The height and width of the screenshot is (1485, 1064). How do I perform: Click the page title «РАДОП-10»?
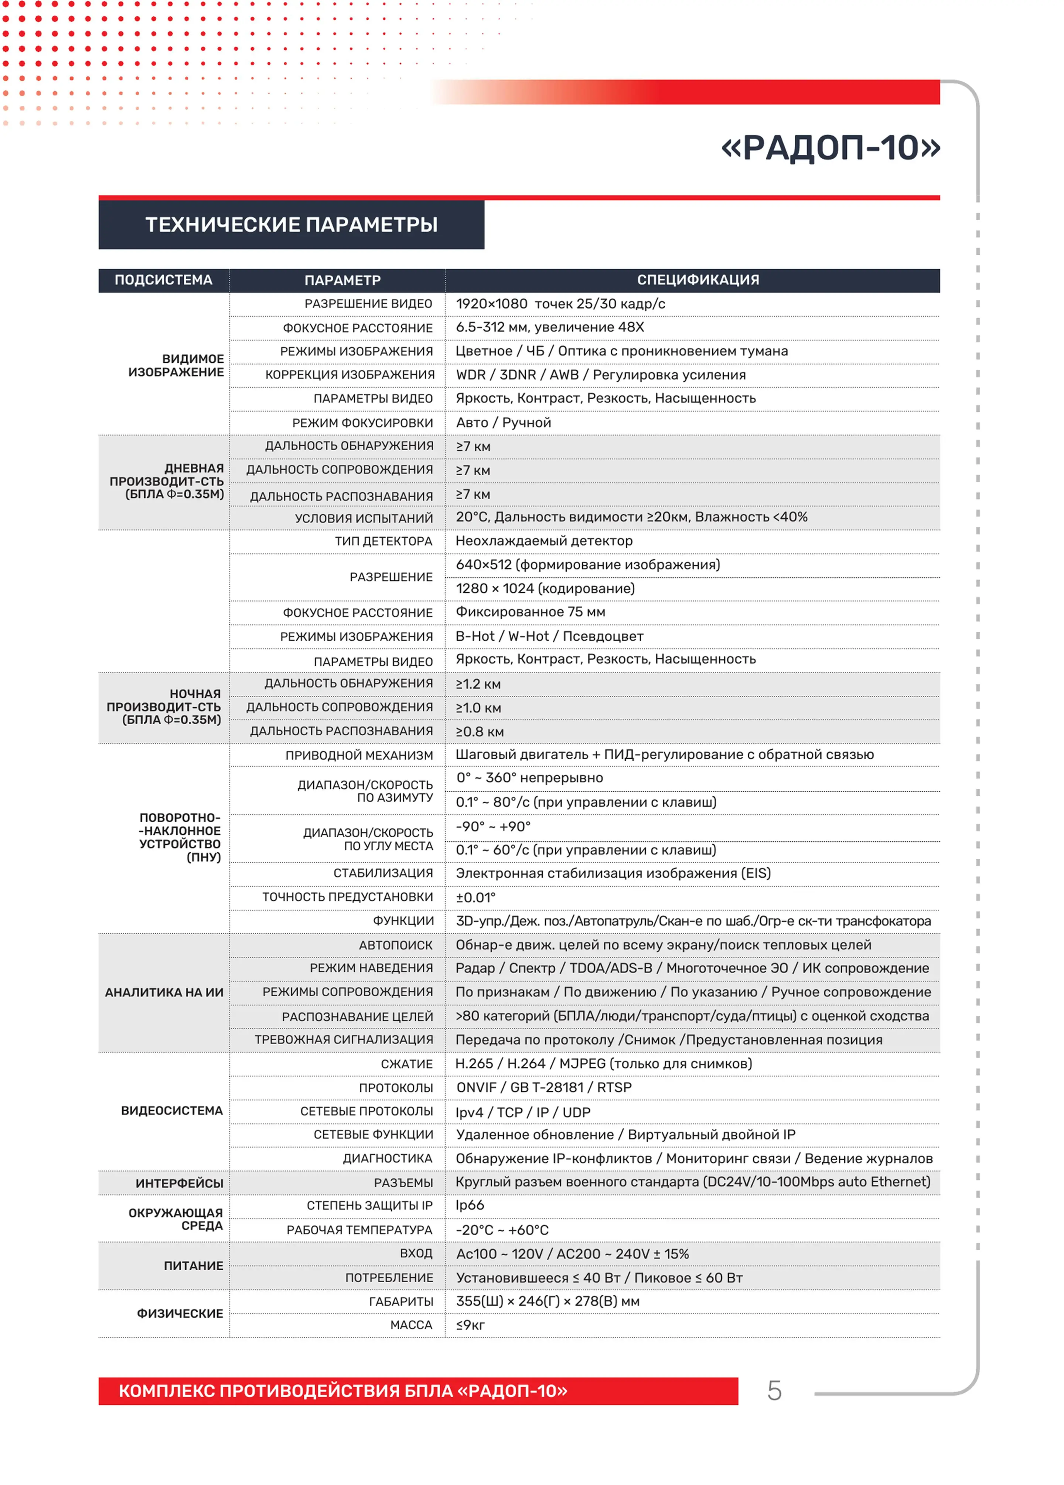[830, 147]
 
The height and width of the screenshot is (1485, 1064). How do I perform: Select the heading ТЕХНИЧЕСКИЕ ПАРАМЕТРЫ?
[291, 225]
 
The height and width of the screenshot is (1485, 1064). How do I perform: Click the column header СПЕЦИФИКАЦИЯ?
[698, 280]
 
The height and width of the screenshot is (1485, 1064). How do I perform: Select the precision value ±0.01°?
[475, 898]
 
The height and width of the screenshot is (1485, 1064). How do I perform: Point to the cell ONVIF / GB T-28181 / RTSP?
[543, 1087]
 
